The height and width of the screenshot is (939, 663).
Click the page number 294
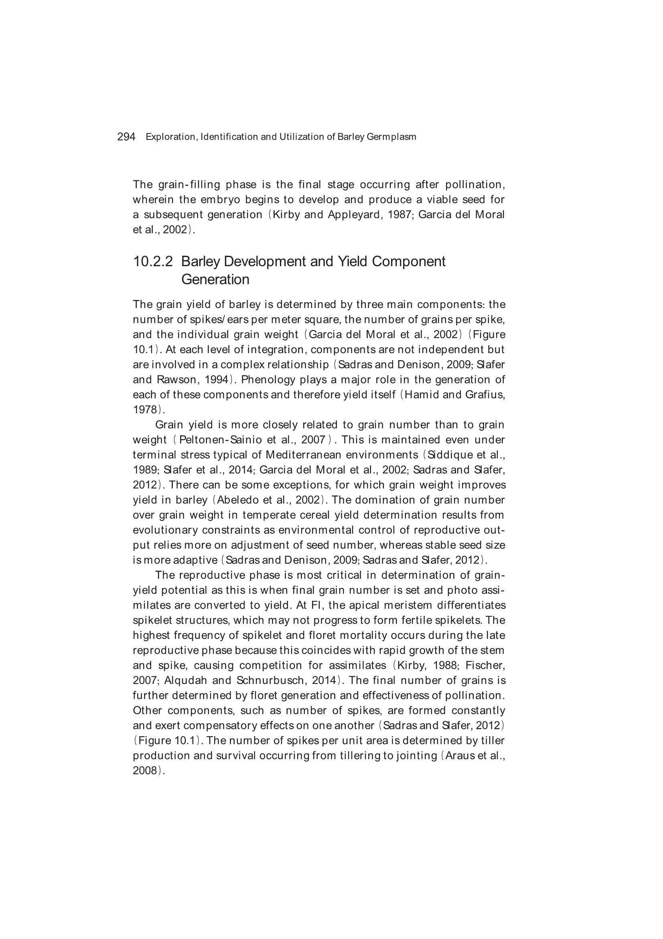126,137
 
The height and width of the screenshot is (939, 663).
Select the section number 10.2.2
153,261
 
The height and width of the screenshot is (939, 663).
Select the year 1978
145,410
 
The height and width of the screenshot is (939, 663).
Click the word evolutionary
165,530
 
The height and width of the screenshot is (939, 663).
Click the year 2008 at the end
145,770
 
